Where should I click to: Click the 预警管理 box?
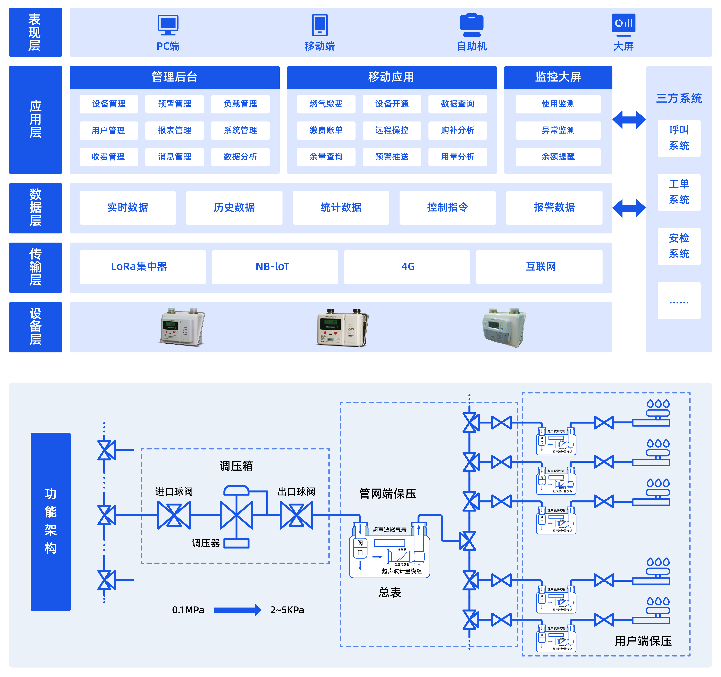(x=174, y=104)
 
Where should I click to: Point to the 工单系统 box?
(x=678, y=192)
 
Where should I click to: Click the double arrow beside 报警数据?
(x=629, y=208)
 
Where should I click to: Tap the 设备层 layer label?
(x=35, y=327)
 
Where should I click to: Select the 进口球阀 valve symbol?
(x=174, y=515)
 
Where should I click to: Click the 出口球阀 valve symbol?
(x=296, y=515)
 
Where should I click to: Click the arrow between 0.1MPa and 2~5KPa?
(x=238, y=610)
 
